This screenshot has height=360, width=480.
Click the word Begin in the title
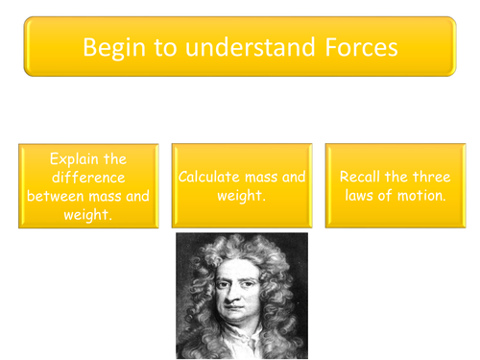point(111,47)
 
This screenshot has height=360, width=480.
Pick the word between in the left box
point(56,197)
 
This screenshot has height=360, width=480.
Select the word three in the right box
point(431,177)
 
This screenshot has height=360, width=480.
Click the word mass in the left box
point(108,197)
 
